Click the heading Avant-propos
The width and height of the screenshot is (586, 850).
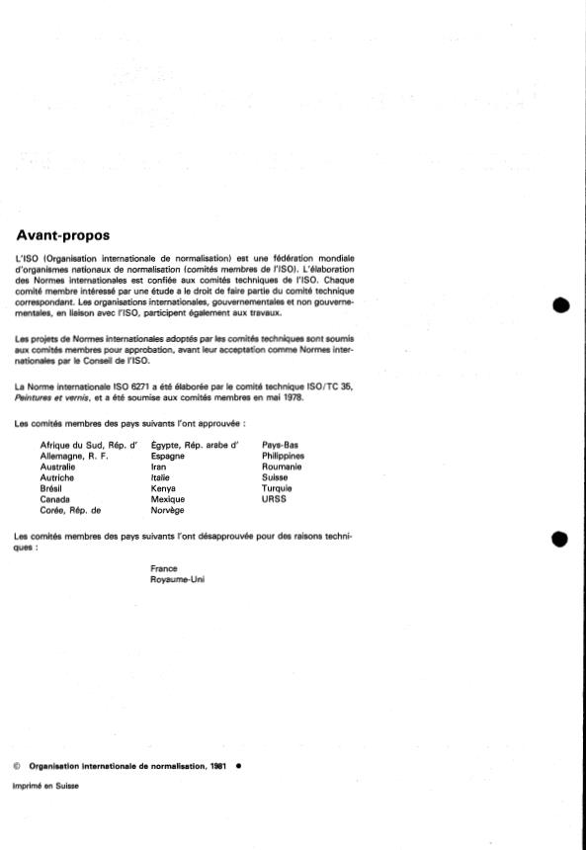(x=63, y=236)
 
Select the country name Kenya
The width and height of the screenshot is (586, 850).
(x=164, y=489)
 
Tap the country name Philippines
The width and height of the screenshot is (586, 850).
(x=284, y=456)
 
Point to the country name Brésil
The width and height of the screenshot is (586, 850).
(x=52, y=489)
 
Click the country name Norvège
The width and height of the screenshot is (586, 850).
(x=168, y=511)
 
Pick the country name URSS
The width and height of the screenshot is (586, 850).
(x=274, y=500)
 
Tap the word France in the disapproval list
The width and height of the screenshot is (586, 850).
(x=163, y=568)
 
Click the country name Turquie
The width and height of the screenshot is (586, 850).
(x=279, y=489)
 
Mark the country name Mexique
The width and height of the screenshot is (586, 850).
(x=168, y=500)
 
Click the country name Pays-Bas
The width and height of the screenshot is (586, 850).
(x=281, y=445)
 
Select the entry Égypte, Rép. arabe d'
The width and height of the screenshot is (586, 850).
(x=196, y=445)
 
